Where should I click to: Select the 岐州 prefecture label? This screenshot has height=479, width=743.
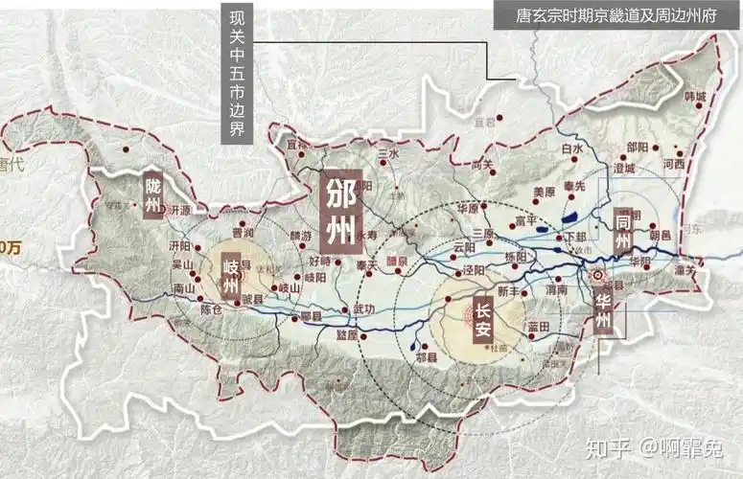pyautogui.click(x=230, y=275)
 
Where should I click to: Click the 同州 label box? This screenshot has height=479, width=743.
pyautogui.click(x=622, y=229)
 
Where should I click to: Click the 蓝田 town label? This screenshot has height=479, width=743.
pyautogui.click(x=537, y=327)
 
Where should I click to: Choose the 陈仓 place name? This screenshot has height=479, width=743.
pyautogui.click(x=212, y=308)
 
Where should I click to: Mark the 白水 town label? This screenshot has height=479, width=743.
pyautogui.click(x=572, y=149)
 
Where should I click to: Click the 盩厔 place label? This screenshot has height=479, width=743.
pyautogui.click(x=346, y=335)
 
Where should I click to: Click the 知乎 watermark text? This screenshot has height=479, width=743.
pyautogui.click(x=613, y=446)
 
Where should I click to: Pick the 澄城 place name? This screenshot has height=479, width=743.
pyautogui.click(x=623, y=167)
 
